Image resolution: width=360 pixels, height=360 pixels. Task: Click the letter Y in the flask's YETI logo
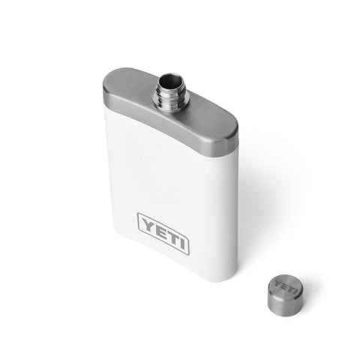click(145, 223)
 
